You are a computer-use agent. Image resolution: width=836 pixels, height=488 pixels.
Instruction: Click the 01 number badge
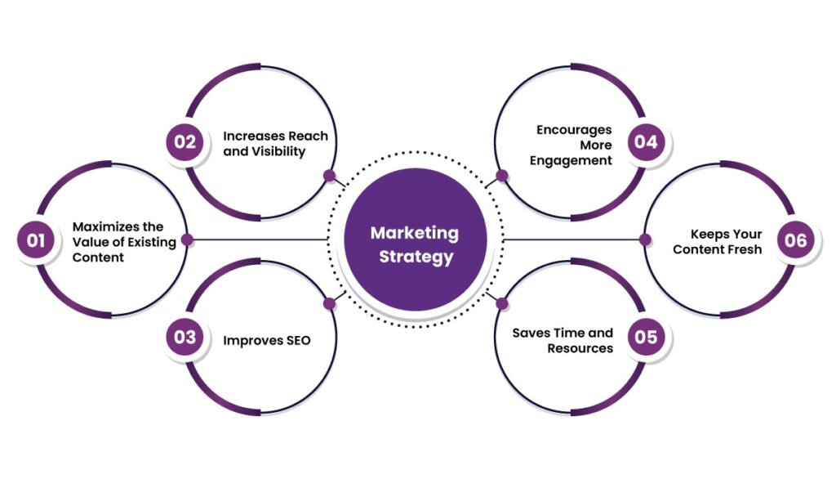pyautogui.click(x=35, y=240)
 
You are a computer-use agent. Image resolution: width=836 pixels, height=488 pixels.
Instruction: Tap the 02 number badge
pyautogui.click(x=185, y=141)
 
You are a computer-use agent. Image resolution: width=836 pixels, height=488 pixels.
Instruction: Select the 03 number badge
pyautogui.click(x=185, y=338)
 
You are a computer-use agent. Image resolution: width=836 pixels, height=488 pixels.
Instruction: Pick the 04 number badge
pyautogui.click(x=647, y=141)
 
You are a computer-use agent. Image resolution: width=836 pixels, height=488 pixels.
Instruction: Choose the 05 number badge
pyautogui.click(x=647, y=338)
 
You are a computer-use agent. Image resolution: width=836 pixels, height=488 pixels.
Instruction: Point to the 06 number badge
pyautogui.click(x=795, y=240)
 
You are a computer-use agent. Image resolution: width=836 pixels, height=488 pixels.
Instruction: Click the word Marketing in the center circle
pyautogui.click(x=415, y=232)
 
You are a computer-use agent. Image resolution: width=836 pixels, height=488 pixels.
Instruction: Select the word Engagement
pyautogui.click(x=571, y=160)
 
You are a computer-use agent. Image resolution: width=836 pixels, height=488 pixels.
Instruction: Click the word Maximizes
pyautogui.click(x=105, y=226)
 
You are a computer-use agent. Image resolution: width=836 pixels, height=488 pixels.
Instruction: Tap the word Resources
pyautogui.click(x=580, y=347)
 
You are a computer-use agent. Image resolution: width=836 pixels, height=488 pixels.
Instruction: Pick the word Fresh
pyautogui.click(x=744, y=248)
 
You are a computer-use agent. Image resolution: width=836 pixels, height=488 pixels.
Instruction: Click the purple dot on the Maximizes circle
pyautogui.click(x=187, y=240)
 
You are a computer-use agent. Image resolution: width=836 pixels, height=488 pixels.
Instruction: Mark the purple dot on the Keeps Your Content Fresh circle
pyautogui.click(x=645, y=240)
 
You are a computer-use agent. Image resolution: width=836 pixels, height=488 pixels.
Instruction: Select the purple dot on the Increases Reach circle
pyautogui.click(x=329, y=175)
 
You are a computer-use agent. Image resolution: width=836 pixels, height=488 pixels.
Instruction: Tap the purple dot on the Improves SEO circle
pyautogui.click(x=329, y=303)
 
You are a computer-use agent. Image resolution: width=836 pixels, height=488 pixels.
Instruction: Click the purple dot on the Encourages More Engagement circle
pyautogui.click(x=502, y=175)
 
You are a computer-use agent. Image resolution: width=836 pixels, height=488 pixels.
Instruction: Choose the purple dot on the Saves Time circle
pyautogui.click(x=502, y=303)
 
